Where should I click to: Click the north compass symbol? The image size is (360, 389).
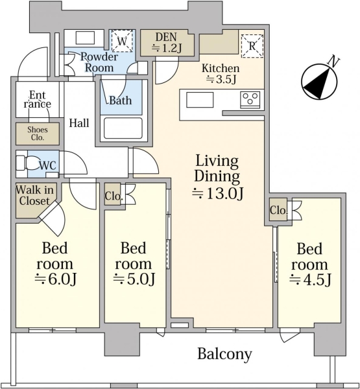pos(319,82)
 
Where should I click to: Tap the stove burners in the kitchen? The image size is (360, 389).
pos(250,100)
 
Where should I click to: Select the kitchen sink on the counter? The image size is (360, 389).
pos(200,100)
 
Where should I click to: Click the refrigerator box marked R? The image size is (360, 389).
pos(252,46)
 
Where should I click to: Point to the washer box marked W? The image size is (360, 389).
pos(122,41)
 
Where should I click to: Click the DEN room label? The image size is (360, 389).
pos(166,37)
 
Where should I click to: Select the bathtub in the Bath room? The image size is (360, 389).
pos(123,128)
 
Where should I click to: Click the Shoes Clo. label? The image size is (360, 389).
pos(38,134)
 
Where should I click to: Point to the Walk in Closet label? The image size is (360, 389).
pos(34,196)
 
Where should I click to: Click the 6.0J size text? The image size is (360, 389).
pos(55,279)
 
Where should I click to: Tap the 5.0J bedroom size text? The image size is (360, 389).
pos(134,279)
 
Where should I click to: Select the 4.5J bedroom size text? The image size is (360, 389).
pos(310,280)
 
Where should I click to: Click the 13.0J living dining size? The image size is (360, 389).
pos(217,194)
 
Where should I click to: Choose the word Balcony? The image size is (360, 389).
pos(224,354)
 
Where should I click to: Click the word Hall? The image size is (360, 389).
pos(79,123)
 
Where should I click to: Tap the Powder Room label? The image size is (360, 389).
pos(99,62)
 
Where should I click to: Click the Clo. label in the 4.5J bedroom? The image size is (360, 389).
pos(278,210)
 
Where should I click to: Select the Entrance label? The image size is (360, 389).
pos(38,99)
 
